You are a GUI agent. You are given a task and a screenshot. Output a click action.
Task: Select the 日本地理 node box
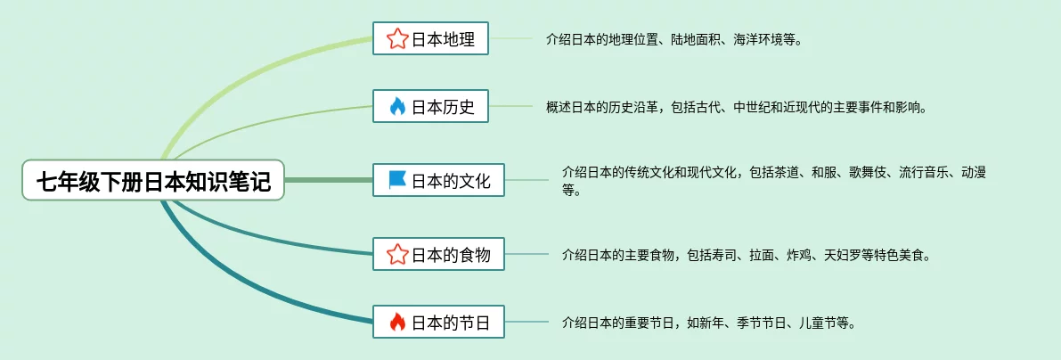pos(430,38)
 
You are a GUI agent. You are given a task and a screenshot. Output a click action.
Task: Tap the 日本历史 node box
pos(430,107)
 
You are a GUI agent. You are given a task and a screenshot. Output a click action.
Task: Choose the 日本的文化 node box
pos(438,181)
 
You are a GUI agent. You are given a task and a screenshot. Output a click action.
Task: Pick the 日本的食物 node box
pos(438,255)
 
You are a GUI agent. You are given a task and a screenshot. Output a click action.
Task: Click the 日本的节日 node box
pos(438,323)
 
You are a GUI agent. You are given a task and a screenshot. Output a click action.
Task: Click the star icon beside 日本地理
pos(396,38)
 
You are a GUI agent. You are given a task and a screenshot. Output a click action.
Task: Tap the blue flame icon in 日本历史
pos(396,107)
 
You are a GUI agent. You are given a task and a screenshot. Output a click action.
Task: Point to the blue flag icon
pos(396,181)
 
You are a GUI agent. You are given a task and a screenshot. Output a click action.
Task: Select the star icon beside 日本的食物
pos(396,255)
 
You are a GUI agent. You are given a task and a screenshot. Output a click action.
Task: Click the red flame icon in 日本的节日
pos(396,323)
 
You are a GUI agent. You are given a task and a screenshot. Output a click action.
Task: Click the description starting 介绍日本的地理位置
pos(673,39)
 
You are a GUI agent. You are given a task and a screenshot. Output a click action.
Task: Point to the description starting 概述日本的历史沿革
pos(736,108)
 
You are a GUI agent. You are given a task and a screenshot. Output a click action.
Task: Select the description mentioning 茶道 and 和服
pos(773,180)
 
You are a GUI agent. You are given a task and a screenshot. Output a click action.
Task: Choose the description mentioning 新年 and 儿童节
pos(709,323)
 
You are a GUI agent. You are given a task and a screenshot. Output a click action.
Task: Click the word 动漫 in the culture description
pos(973,172)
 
